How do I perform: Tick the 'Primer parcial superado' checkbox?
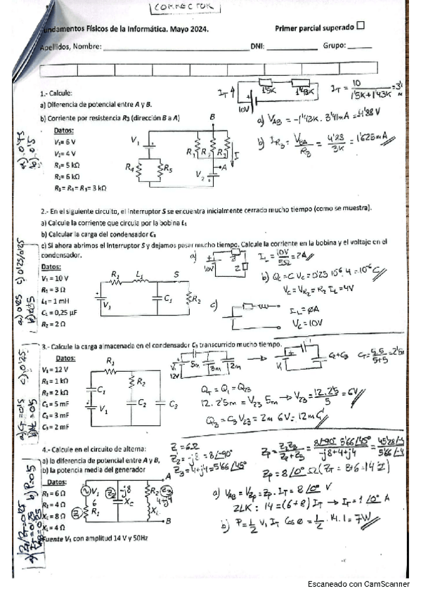(361, 27)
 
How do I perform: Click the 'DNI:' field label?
(257, 46)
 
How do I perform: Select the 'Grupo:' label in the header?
(335, 46)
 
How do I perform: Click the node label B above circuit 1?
(212, 117)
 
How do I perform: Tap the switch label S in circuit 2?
(176, 274)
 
